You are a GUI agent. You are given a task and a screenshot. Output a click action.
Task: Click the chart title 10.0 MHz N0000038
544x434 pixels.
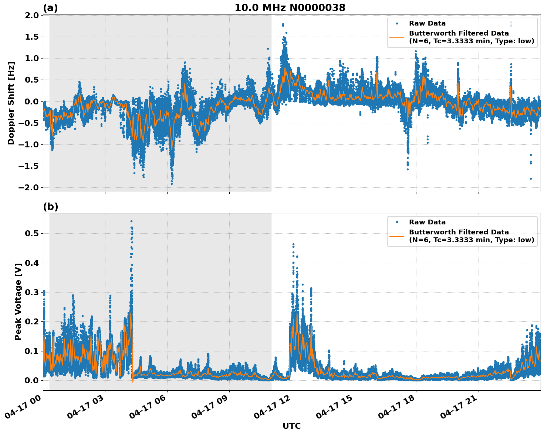290,8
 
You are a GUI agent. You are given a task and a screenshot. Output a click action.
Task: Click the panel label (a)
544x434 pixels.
50,8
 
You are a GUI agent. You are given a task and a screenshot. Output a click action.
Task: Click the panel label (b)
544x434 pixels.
50,207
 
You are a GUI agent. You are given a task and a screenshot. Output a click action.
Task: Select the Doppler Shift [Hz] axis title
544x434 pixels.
11,103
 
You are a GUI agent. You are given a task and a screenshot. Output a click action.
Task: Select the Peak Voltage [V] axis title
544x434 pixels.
18,301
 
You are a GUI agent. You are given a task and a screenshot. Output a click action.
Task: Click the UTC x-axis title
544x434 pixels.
291,426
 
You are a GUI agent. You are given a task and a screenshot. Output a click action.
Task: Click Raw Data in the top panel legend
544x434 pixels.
427,23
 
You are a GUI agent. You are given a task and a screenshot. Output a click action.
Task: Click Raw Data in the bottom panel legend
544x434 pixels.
427,222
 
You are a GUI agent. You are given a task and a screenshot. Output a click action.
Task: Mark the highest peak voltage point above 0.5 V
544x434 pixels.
131,221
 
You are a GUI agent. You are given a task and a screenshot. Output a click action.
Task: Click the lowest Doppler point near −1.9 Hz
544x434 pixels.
172,184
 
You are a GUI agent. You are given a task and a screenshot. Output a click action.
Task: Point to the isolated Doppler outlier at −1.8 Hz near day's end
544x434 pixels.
530,178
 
